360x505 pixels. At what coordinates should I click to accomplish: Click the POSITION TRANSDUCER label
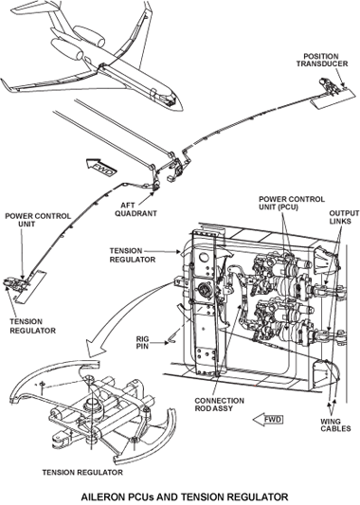[322, 61]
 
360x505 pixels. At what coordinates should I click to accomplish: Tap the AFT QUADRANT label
[135, 209]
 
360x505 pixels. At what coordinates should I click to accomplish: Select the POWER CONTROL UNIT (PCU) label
[292, 203]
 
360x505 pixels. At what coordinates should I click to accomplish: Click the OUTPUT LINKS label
[344, 217]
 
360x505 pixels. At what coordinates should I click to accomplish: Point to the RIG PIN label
[142, 343]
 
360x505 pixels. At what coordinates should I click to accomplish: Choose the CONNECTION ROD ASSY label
[219, 405]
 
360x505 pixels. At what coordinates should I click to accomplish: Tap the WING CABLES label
[335, 424]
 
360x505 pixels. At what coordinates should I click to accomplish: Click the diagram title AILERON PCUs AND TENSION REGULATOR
[185, 496]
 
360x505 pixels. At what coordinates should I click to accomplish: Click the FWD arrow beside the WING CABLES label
[268, 420]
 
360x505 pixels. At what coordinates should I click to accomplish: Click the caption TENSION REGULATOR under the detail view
[82, 473]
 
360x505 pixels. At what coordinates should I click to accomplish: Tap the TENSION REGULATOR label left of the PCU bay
[133, 255]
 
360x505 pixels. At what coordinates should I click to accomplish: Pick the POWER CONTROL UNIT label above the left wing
[38, 220]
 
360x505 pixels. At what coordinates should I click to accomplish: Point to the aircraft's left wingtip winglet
[6, 84]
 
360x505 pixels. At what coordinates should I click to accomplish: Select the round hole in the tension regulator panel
[204, 258]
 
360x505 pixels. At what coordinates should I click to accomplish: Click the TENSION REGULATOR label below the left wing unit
[32, 326]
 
